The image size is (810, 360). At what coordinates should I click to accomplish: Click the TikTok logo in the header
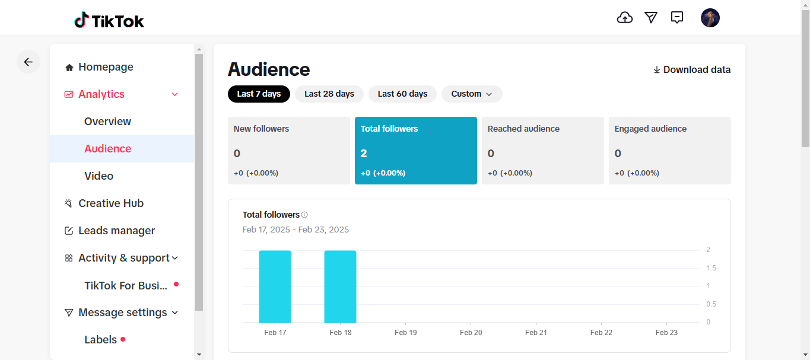(x=109, y=21)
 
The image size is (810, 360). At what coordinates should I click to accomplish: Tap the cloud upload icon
(x=625, y=18)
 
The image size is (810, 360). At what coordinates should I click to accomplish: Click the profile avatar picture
(x=710, y=18)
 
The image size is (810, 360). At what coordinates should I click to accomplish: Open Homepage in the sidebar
(x=106, y=67)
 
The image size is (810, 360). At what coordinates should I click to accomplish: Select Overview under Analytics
(x=107, y=122)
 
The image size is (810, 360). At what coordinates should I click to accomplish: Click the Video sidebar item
(x=99, y=176)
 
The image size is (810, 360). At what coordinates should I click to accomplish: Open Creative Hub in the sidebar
(x=111, y=203)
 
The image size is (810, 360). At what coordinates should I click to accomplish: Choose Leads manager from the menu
(x=116, y=231)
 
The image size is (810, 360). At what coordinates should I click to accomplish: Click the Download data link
(x=692, y=70)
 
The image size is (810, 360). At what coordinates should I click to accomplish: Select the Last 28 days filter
(x=329, y=94)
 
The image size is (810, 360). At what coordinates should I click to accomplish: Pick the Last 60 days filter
(x=402, y=94)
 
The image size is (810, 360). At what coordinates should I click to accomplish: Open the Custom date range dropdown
(x=472, y=94)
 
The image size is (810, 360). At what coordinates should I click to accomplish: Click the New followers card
(x=289, y=151)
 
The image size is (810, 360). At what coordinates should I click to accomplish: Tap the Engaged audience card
(x=669, y=151)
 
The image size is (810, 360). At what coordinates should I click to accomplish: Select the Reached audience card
(x=542, y=151)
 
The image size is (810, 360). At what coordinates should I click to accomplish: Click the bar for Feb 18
(x=340, y=287)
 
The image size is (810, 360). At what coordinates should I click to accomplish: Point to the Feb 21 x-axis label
(x=536, y=333)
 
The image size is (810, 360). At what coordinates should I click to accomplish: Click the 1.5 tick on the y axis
(x=711, y=268)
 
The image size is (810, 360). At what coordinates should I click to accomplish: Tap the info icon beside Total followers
(x=304, y=215)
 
